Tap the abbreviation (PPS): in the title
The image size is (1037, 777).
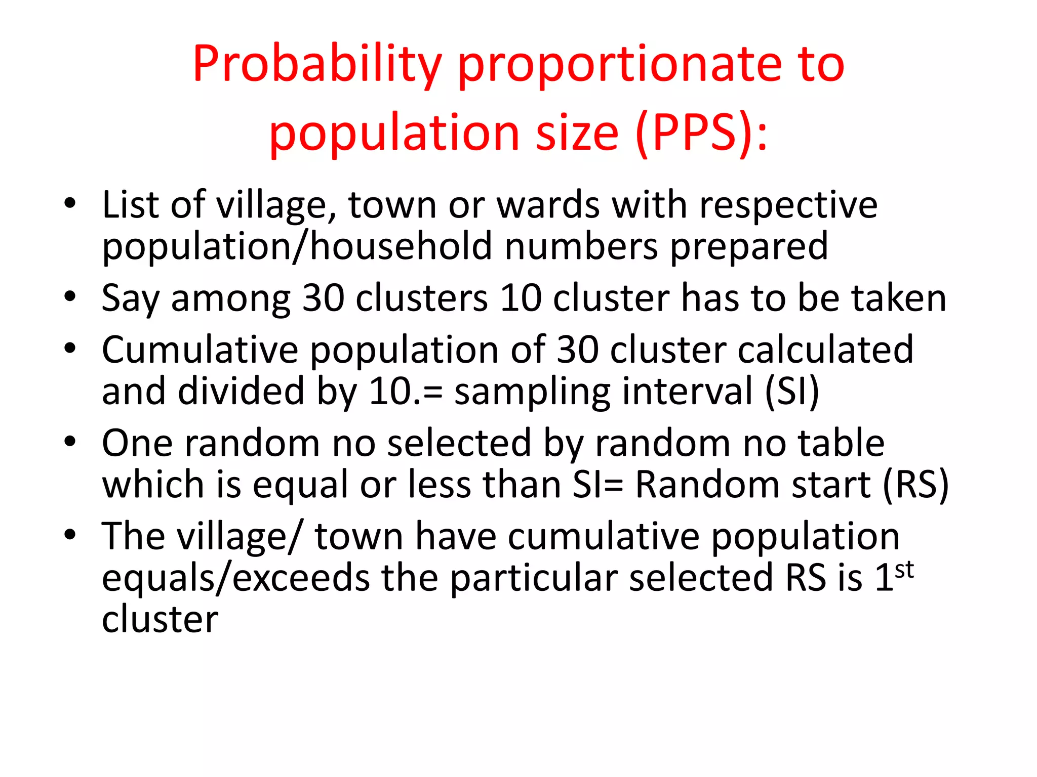click(701, 133)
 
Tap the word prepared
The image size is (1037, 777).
click(749, 246)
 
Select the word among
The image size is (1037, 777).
click(231, 298)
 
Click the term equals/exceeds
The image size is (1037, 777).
click(235, 578)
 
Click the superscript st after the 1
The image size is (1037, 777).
click(904, 569)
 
